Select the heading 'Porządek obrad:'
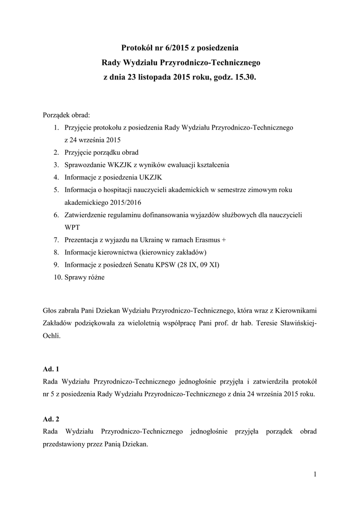[66, 115]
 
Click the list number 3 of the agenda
[57, 164]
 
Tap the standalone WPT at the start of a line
[72, 227]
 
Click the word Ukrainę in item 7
[151, 240]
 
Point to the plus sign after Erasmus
[223, 240]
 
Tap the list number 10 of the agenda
[56, 277]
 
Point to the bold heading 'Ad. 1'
[51, 369]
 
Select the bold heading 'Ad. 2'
[51, 419]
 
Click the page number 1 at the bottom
[315, 474]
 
